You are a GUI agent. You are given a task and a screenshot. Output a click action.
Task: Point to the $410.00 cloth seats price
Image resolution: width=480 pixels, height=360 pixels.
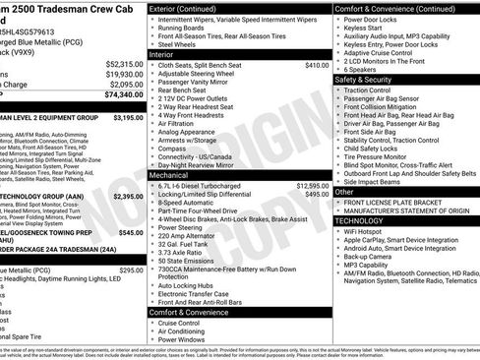click(x=317, y=64)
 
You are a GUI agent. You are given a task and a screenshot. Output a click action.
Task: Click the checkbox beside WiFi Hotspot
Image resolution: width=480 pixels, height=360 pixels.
click(x=340, y=231)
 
